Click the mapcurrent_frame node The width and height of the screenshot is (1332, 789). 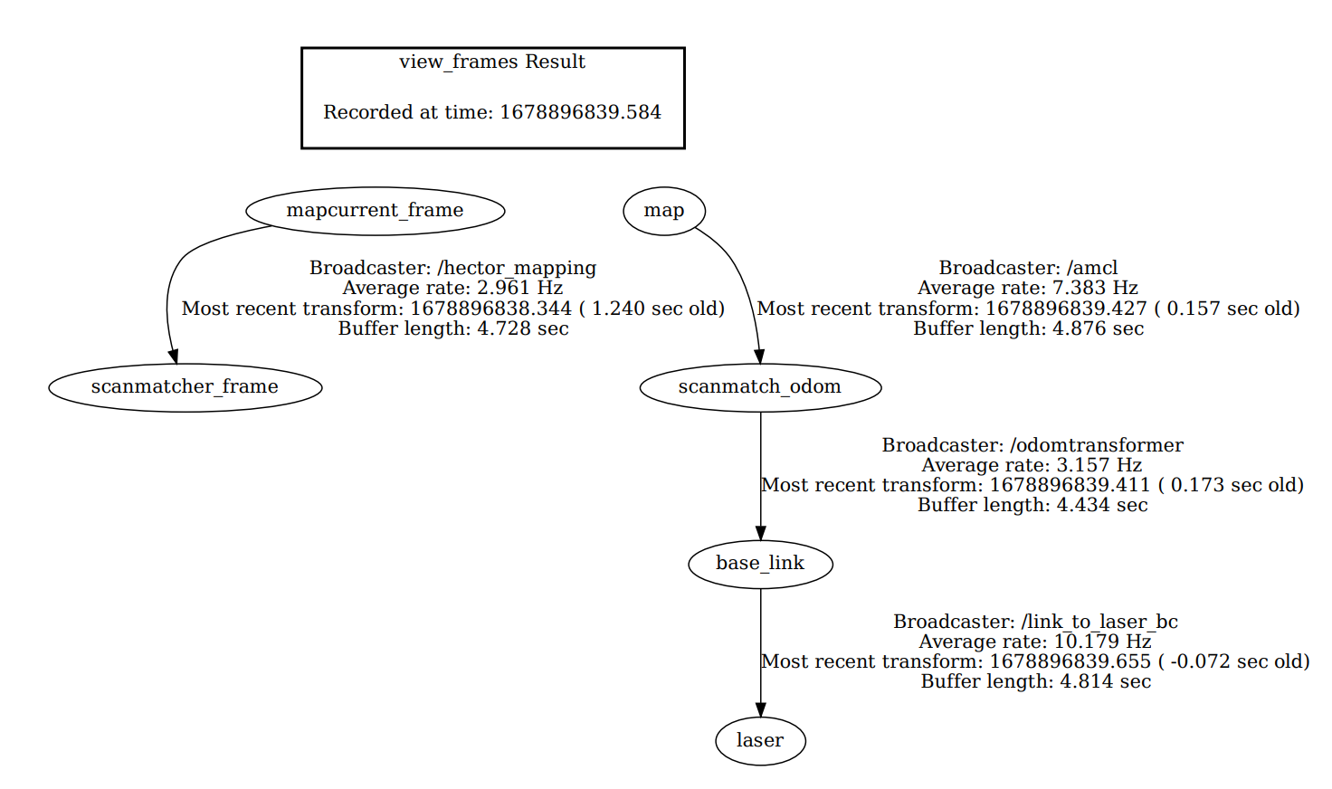[375, 211]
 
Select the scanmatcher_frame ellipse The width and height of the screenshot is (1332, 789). [185, 387]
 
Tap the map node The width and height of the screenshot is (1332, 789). [663, 211]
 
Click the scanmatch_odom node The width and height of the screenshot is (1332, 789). [759, 387]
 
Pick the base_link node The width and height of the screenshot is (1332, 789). [759, 564]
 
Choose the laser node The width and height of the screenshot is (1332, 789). [759, 741]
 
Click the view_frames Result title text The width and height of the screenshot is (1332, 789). [492, 62]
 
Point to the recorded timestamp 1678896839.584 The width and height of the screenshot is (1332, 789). [580, 112]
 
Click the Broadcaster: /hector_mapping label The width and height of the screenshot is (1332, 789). [452, 268]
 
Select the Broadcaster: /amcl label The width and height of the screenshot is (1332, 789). [1028, 268]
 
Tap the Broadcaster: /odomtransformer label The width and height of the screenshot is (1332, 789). [1032, 445]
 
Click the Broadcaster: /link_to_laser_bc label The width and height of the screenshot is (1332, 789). [1035, 622]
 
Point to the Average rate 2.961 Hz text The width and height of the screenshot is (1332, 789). [452, 288]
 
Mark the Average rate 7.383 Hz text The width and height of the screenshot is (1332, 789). [1028, 288]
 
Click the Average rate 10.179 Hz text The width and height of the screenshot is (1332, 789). [1035, 642]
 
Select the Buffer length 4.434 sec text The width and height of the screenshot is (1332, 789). [1032, 505]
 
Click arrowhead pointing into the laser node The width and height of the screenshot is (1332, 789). [760, 709]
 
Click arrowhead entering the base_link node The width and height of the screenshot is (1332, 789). [760, 533]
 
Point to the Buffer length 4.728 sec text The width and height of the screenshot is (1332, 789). [452, 328]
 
